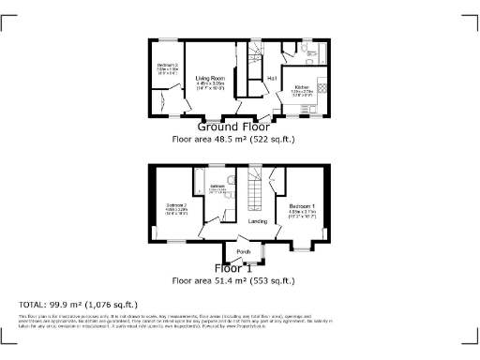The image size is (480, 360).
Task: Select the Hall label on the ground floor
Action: tap(272, 77)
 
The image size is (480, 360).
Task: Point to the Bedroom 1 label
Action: tap(301, 204)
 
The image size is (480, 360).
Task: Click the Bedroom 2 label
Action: tap(178, 204)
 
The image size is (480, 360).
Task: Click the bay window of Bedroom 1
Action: tap(300, 248)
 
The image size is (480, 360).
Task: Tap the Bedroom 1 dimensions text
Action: tap(301, 213)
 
